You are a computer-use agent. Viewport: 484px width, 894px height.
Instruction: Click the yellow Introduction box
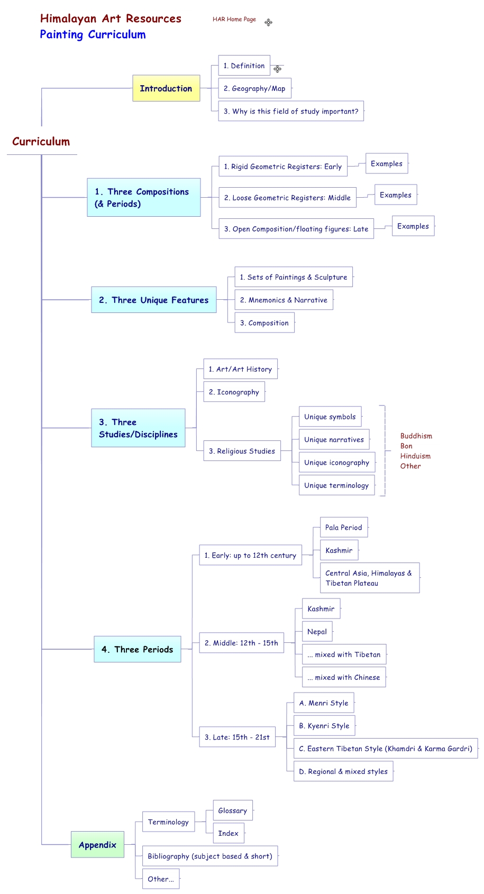point(166,88)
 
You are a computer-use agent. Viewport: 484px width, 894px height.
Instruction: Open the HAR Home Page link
point(234,20)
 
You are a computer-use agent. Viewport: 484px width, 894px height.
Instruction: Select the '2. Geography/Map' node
point(254,88)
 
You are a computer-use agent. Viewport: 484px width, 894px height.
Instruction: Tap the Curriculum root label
point(41,142)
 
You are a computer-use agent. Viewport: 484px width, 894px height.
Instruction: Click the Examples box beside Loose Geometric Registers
point(395,195)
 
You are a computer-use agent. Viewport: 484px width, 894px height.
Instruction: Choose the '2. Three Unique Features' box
point(153,300)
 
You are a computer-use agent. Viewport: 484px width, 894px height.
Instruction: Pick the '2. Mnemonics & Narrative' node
point(284,300)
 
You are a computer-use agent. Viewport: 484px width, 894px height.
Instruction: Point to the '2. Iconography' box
point(234,392)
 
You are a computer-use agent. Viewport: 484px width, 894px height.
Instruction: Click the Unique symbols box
point(330,417)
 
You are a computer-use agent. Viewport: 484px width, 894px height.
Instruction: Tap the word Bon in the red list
point(406,446)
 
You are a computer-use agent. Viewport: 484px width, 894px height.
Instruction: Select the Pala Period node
point(343,528)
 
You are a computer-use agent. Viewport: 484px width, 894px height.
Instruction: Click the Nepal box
point(317,632)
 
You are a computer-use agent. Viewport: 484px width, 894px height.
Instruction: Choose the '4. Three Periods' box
point(138,649)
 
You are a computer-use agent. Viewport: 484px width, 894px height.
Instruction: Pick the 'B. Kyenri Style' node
point(324,726)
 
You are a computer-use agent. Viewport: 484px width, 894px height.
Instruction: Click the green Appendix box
point(97,845)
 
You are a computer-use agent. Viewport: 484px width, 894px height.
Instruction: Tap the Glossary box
point(232,810)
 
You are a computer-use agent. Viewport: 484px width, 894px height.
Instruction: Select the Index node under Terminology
point(228,833)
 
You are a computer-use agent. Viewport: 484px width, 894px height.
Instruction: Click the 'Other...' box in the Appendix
point(160,879)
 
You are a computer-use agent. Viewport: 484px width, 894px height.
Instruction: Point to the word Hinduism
point(415,456)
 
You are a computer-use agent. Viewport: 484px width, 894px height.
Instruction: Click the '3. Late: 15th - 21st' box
point(237,737)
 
